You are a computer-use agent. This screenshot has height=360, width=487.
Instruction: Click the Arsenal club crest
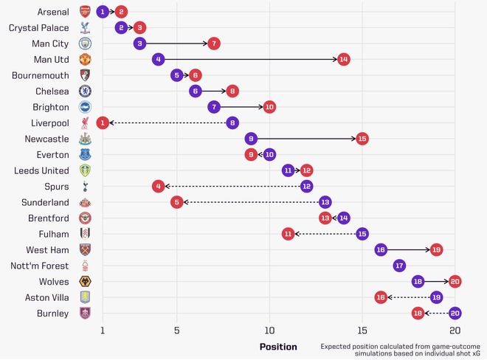click(x=85, y=12)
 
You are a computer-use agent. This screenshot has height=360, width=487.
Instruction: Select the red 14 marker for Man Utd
click(x=343, y=59)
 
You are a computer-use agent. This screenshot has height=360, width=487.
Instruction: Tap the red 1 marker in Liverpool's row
click(x=103, y=122)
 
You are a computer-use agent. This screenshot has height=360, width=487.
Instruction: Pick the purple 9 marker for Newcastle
click(x=251, y=139)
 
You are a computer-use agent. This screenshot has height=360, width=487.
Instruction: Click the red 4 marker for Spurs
click(x=158, y=187)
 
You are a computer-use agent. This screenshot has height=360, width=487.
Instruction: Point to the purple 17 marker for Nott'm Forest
click(x=399, y=266)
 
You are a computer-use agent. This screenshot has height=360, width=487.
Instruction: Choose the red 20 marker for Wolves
click(x=455, y=282)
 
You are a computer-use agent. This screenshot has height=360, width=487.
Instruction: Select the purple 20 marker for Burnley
click(x=455, y=313)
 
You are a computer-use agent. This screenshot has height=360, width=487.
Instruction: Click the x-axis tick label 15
click(x=362, y=330)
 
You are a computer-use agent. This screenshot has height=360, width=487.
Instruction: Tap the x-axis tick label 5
click(x=176, y=330)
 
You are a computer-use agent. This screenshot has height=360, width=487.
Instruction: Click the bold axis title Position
click(x=278, y=347)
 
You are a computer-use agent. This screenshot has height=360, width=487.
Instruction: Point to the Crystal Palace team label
click(x=39, y=28)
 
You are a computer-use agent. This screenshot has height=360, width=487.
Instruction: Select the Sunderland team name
click(x=45, y=202)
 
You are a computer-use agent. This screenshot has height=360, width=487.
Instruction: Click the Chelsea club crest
click(x=85, y=91)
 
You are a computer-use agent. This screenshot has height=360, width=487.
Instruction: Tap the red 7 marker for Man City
click(x=214, y=44)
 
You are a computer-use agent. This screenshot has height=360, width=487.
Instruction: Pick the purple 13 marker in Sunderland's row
click(x=325, y=202)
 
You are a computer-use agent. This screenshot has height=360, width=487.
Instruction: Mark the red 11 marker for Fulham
click(x=288, y=234)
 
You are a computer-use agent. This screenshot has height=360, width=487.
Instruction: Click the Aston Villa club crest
click(x=85, y=297)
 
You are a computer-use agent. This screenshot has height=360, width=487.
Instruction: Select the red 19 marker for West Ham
click(x=436, y=250)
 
